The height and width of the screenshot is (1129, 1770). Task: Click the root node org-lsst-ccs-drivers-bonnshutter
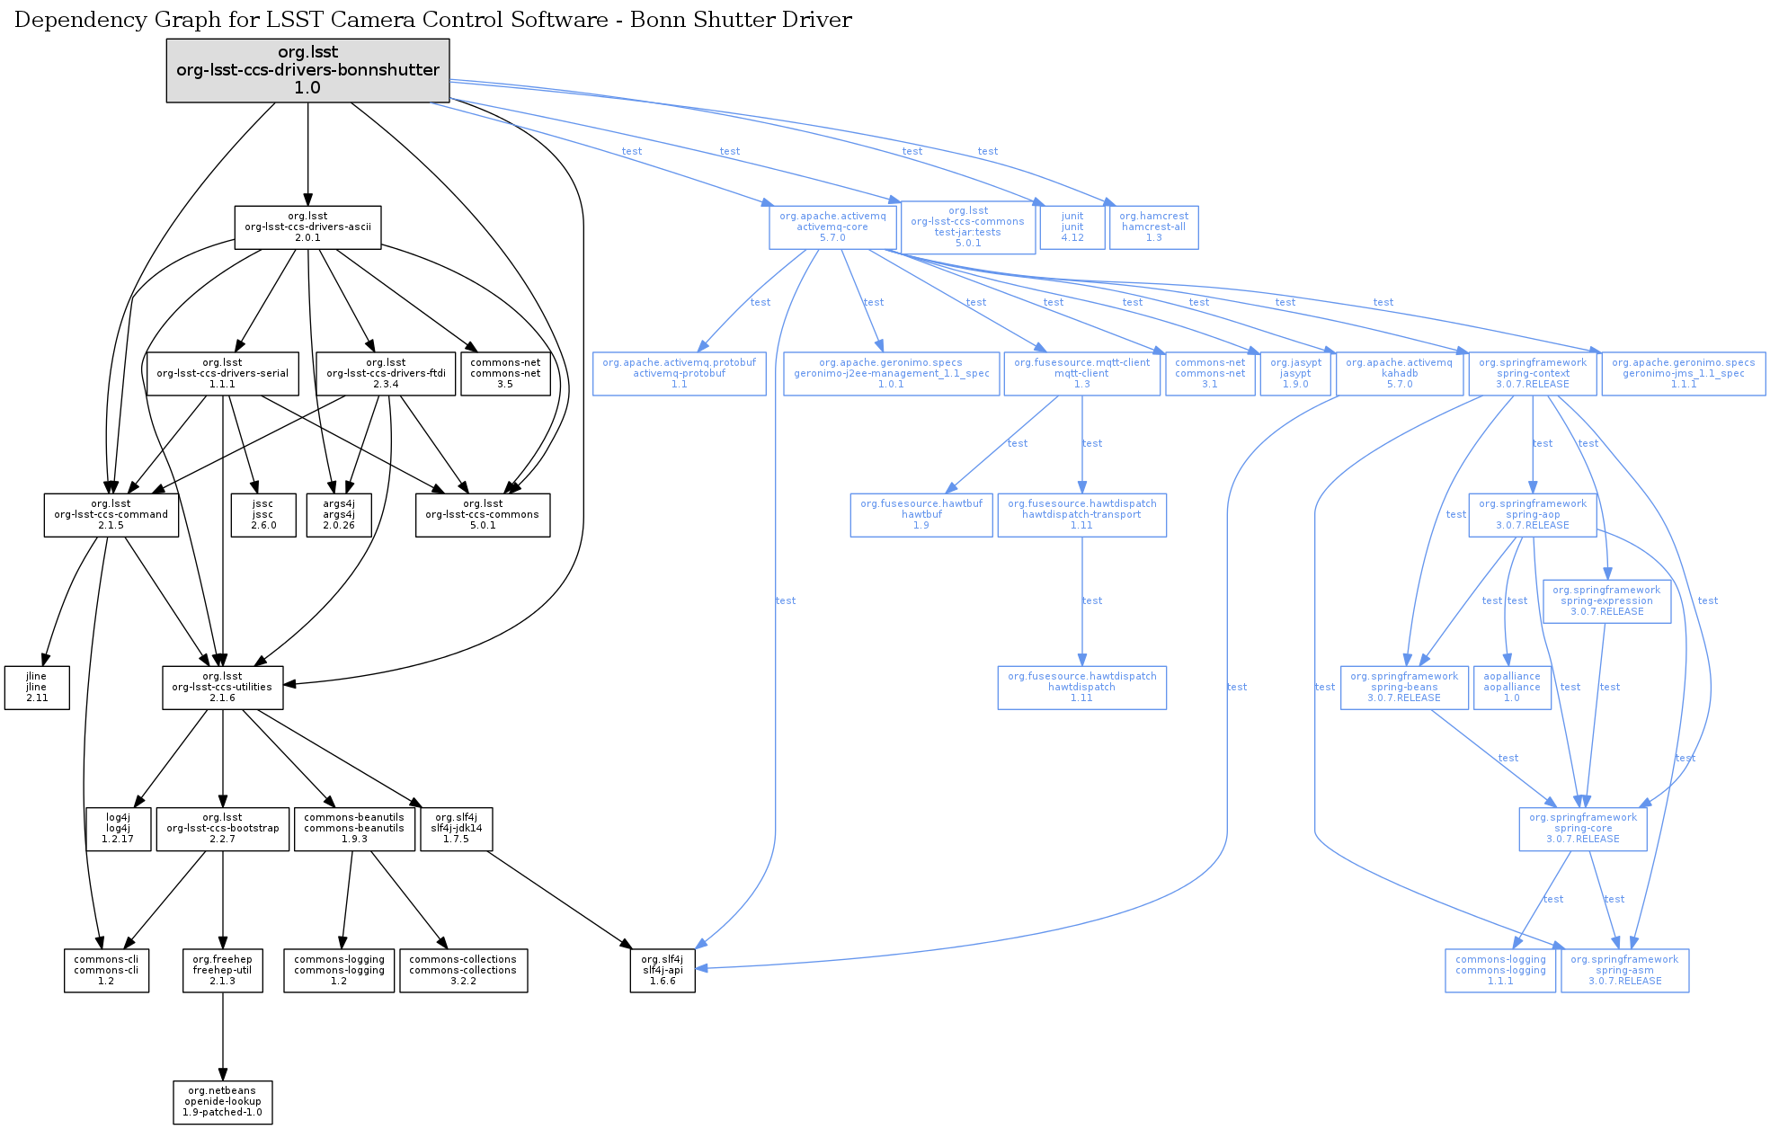coord(307,70)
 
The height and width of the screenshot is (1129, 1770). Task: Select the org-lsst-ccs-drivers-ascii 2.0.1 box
coord(307,227)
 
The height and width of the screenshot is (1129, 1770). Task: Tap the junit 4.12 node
coord(1072,227)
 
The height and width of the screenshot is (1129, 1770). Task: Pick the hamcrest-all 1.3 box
coord(1153,227)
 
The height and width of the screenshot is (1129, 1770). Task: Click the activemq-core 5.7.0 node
coord(832,227)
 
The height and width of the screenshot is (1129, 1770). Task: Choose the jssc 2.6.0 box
coord(262,515)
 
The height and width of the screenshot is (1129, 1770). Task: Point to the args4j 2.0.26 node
coord(339,515)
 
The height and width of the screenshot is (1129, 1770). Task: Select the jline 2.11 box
coord(37,688)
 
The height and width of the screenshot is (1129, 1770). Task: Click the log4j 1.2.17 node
coord(118,829)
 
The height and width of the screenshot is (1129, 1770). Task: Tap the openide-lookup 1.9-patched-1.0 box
coord(222,1102)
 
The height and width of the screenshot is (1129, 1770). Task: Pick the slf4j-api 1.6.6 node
coord(663,971)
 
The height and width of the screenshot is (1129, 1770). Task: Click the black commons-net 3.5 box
coord(505,374)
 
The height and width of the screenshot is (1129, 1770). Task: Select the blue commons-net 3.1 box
coord(1210,374)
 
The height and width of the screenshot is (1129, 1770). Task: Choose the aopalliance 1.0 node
coord(1512,688)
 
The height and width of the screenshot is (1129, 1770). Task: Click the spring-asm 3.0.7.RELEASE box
coord(1624,971)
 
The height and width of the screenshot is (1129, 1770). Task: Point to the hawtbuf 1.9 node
coord(921,515)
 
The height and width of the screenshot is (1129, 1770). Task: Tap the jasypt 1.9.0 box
coord(1294,374)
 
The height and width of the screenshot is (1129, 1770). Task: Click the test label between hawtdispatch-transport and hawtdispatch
coord(1092,600)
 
